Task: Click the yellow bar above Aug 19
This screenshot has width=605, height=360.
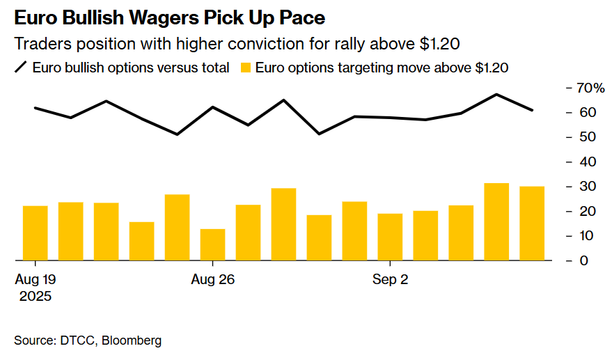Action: [x=36, y=233]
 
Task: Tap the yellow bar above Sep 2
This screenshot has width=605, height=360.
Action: [x=390, y=237]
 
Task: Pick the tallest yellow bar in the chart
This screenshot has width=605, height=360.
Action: [x=496, y=221]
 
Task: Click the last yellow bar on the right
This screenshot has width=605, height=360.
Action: [x=532, y=224]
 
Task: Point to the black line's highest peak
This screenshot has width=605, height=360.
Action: [x=496, y=94]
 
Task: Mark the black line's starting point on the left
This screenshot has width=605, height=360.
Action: [x=35, y=108]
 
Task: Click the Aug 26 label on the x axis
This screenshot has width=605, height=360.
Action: [x=212, y=280]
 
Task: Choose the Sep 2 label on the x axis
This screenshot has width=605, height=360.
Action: [x=391, y=280]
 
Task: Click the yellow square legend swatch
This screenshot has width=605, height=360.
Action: [x=245, y=68]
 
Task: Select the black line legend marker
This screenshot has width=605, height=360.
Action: [x=21, y=68]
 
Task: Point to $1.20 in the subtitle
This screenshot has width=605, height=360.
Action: [x=439, y=43]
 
